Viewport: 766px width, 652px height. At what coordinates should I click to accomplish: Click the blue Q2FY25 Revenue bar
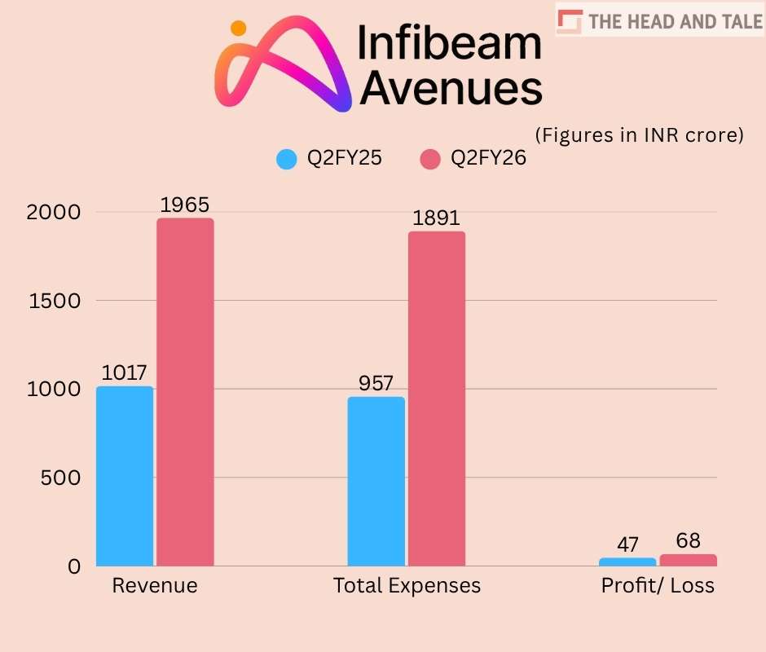click(x=125, y=476)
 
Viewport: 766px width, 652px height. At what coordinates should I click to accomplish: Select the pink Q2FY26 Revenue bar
click(x=185, y=392)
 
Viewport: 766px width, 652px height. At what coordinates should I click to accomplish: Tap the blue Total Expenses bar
click(x=376, y=481)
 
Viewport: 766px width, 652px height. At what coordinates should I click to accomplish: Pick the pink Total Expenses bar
click(x=437, y=399)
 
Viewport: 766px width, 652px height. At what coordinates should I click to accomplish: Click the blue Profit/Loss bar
click(x=627, y=562)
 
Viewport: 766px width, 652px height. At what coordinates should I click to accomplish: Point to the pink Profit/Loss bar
click(x=688, y=560)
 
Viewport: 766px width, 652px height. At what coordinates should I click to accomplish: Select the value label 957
click(x=376, y=383)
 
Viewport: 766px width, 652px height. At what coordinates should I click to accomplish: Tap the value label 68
click(x=688, y=541)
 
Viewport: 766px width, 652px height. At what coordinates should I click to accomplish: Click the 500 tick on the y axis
click(x=62, y=478)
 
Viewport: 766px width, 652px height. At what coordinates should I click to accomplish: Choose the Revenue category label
click(x=155, y=585)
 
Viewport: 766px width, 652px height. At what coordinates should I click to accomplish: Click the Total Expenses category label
click(x=407, y=585)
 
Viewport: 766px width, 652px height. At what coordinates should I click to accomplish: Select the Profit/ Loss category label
click(x=658, y=585)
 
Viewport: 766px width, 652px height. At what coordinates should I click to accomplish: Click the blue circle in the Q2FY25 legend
click(x=287, y=159)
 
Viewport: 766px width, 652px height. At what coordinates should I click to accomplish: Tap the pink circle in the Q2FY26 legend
click(x=430, y=159)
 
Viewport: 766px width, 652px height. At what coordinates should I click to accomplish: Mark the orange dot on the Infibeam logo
click(x=238, y=29)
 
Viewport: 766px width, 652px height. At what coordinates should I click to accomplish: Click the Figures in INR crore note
click(x=639, y=134)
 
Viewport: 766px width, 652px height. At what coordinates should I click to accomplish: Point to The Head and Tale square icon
click(x=572, y=21)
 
